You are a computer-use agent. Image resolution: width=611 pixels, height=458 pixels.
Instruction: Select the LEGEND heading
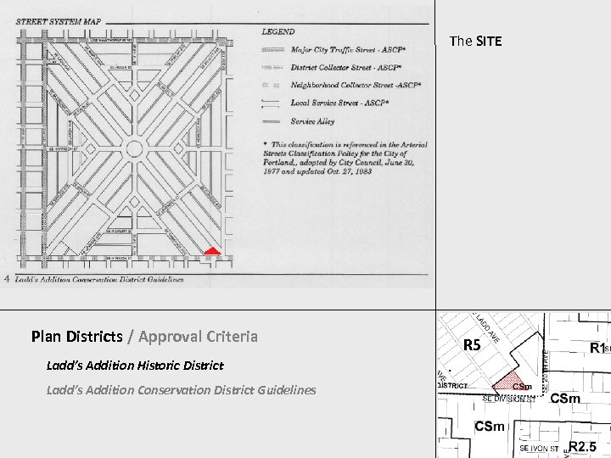tap(277, 31)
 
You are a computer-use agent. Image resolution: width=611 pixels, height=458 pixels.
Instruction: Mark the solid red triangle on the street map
tap(212, 251)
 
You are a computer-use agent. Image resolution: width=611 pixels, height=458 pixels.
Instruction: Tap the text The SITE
tap(475, 41)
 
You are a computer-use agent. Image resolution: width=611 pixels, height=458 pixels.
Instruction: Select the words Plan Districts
tap(76, 337)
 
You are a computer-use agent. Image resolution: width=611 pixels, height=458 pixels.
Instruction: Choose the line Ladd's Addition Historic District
tap(135, 366)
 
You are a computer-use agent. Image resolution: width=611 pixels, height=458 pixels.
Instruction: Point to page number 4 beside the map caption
tap(7, 278)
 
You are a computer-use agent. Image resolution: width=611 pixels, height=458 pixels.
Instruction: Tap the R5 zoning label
tap(472, 345)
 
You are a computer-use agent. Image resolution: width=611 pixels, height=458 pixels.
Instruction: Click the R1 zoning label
tap(597, 348)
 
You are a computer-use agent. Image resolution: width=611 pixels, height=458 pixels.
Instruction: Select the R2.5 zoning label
tap(583, 446)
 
